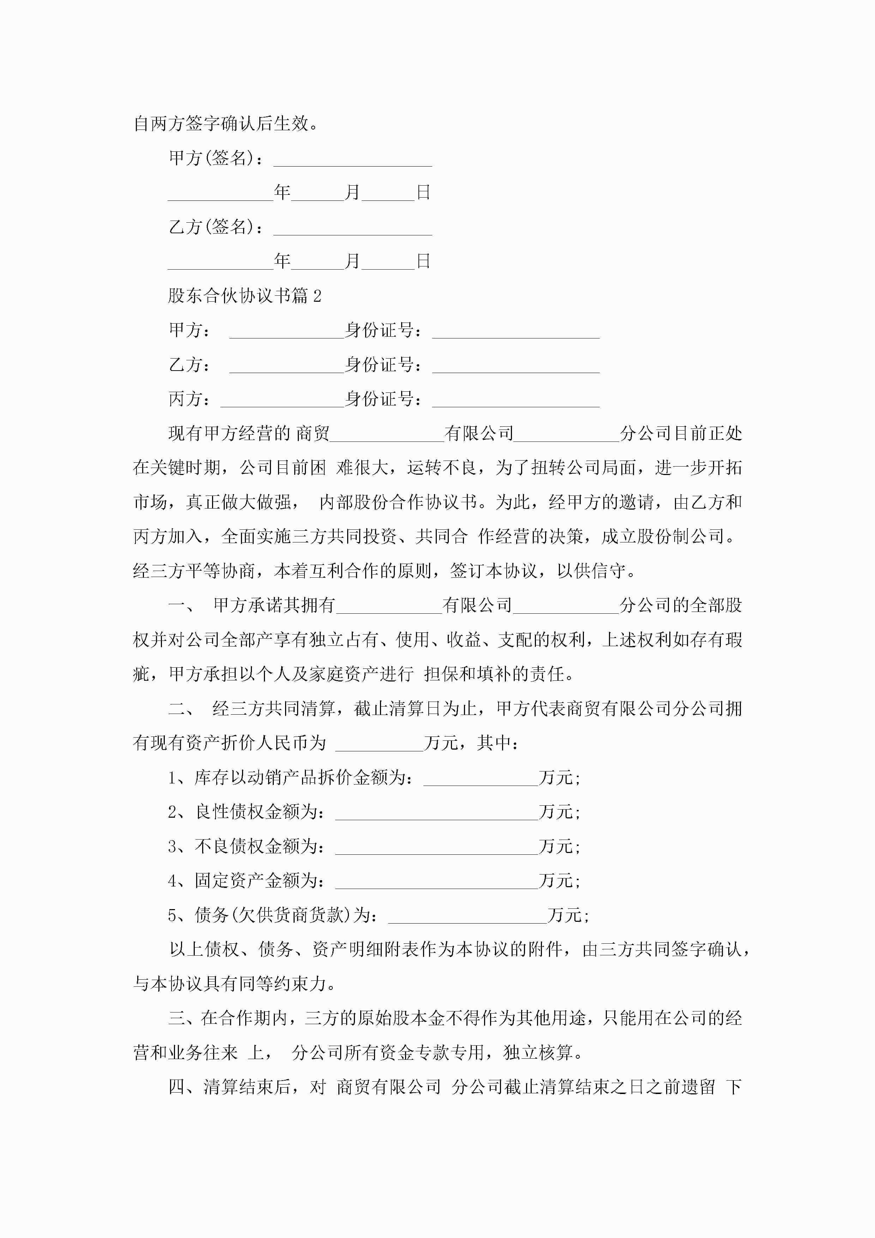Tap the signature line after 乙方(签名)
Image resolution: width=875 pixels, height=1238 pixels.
[x=352, y=229]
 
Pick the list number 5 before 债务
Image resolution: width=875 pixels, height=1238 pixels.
[x=173, y=915]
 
